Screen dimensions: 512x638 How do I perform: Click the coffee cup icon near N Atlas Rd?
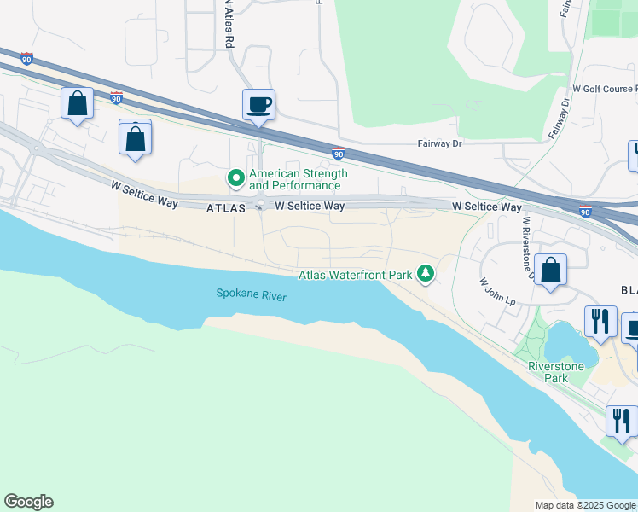click(258, 106)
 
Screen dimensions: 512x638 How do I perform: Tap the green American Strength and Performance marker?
click(235, 178)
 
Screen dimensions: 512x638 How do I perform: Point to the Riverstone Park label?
click(556, 372)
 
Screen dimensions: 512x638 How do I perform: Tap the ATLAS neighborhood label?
click(225, 207)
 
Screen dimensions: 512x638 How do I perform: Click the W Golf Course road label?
click(604, 89)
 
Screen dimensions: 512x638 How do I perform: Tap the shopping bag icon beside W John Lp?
click(552, 270)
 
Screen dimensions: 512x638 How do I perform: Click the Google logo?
click(28, 502)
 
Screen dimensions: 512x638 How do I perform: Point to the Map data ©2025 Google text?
click(584, 505)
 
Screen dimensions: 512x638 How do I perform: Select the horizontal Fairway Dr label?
click(439, 144)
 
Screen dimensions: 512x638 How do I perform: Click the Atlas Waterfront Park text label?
click(356, 275)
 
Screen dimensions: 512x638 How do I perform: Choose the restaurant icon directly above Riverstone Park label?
click(600, 321)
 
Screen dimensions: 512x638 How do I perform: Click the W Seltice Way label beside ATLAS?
click(310, 206)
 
